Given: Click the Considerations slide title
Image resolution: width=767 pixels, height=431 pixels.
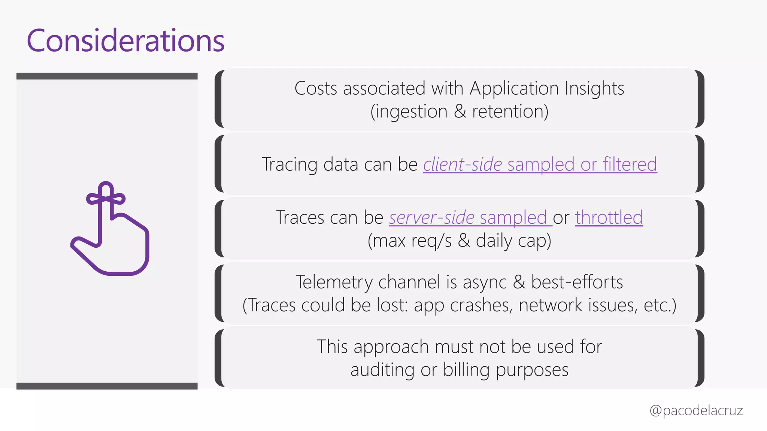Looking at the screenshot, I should tap(125, 40).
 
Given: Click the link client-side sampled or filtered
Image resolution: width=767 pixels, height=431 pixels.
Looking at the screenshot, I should tap(540, 164).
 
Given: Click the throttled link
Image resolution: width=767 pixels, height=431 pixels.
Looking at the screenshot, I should tap(609, 217).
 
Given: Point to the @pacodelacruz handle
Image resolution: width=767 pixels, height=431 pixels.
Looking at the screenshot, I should tap(696, 410).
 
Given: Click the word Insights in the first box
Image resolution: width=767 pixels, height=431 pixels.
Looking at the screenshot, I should tap(594, 88).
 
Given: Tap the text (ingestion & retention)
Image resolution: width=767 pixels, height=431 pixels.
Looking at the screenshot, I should tap(459, 111).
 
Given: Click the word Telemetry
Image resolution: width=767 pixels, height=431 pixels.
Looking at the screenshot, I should tap(334, 282).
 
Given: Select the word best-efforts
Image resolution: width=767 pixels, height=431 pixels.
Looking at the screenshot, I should tap(577, 282).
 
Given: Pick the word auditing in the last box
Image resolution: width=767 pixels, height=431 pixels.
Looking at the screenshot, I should tap(382, 370).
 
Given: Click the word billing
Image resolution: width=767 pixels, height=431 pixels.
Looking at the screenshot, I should tap(466, 370).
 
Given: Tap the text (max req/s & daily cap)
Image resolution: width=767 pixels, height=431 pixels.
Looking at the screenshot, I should tap(459, 241).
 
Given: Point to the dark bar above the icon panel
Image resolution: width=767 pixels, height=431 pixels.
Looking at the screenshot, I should tap(107, 76).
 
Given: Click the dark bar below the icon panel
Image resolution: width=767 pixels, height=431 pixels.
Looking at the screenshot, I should tap(107, 386).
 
